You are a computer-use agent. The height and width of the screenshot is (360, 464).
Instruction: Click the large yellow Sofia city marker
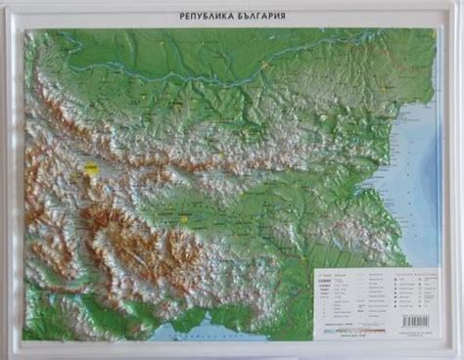pos(91,169)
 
